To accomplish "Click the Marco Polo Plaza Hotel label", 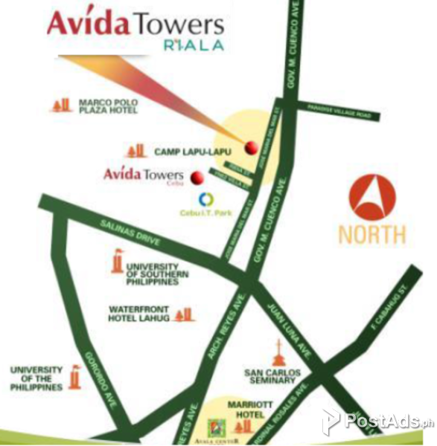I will (108, 106).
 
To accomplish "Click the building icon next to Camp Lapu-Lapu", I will (135, 151).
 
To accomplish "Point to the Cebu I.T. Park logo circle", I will (207, 199).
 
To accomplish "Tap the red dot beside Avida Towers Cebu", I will (198, 178).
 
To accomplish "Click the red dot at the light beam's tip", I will (252, 145).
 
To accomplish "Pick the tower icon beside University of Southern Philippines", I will (116, 263).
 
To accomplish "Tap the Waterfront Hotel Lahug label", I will (139, 314).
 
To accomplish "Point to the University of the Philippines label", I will (36, 378).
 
